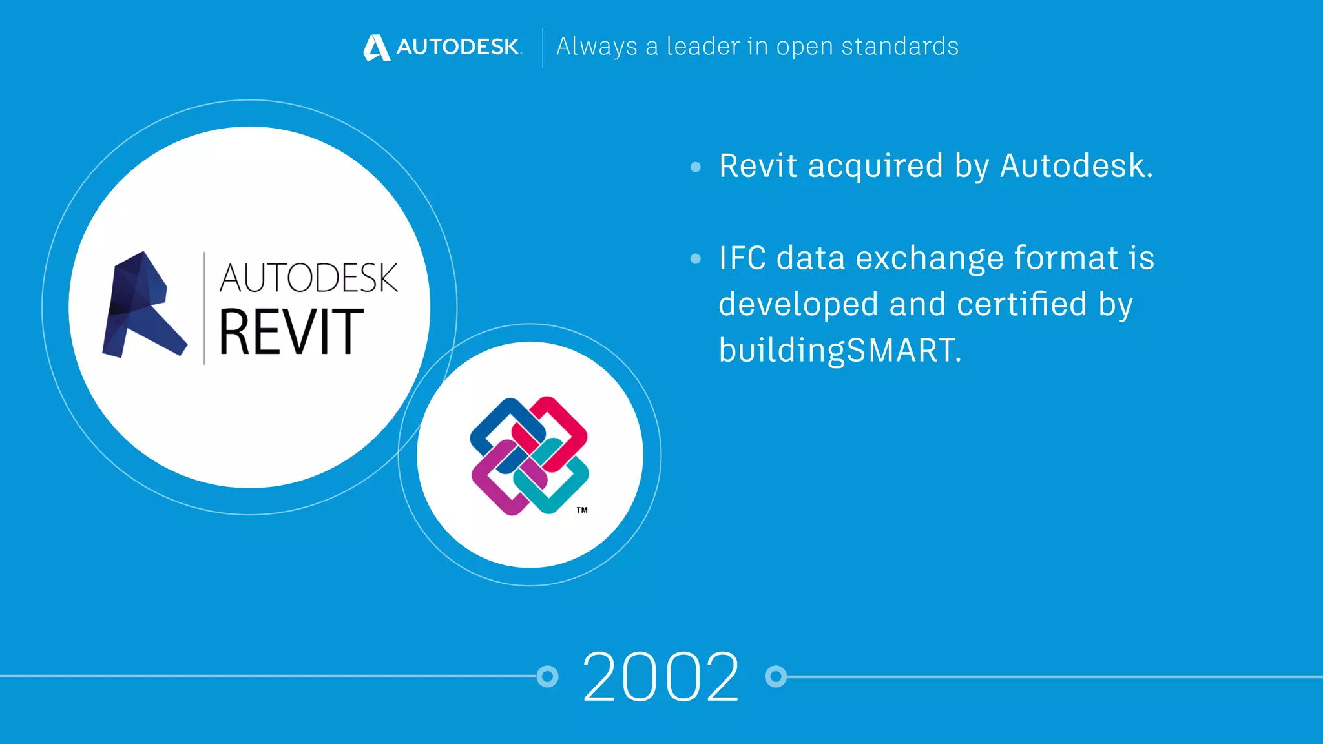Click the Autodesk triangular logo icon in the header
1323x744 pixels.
tap(377, 47)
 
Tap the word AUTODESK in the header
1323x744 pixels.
tap(458, 46)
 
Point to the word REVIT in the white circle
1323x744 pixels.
tap(291, 332)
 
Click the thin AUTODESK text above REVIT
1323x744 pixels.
tap(308, 278)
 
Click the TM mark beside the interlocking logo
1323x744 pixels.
tap(582, 510)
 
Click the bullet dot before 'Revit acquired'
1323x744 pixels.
tap(695, 167)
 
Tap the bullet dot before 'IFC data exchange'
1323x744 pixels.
tap(695, 259)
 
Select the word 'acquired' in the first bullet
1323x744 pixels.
tap(875, 167)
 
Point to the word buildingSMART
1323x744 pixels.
tap(839, 351)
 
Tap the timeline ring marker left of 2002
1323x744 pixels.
tap(547, 676)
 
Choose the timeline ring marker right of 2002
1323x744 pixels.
tap(776, 676)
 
